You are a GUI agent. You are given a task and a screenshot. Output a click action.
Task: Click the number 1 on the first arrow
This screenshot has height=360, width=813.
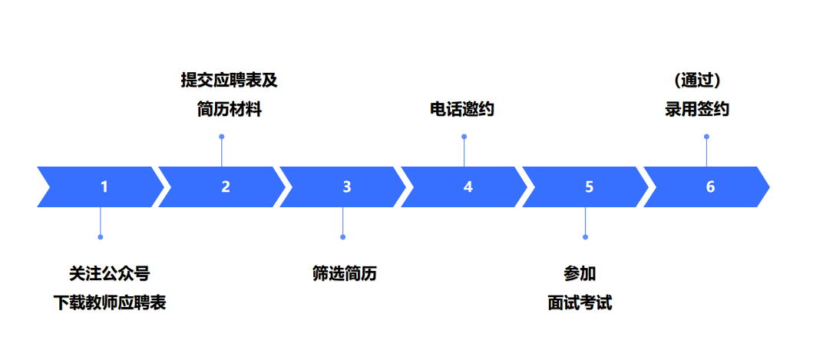pos(104,187)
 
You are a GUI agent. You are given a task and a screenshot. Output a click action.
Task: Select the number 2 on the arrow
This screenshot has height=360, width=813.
pos(226,187)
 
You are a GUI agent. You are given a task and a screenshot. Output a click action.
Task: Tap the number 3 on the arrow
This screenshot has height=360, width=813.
pos(347,187)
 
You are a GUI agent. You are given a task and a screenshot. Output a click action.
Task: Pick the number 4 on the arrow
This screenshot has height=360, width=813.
pos(468,187)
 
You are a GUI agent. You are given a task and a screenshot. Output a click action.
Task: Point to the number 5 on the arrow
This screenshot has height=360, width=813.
pos(589,187)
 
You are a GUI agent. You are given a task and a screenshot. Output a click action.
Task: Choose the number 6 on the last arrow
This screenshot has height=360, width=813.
pos(710,187)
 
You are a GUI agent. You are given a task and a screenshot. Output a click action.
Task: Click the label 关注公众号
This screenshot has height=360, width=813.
pos(109,273)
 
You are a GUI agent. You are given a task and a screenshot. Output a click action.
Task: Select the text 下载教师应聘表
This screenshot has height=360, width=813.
pos(109,302)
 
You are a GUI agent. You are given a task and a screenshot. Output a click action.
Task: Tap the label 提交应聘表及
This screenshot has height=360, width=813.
pos(229,80)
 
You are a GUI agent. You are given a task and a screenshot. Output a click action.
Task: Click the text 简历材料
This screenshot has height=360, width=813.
pos(229,110)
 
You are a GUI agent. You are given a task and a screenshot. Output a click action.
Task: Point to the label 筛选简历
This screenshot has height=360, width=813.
pos(345,273)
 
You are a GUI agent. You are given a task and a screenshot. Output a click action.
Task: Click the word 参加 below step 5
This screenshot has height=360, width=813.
pos(580,273)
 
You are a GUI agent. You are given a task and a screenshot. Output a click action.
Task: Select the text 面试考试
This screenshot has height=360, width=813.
pos(580,302)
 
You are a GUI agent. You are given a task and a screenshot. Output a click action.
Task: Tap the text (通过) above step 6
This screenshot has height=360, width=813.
pos(697,80)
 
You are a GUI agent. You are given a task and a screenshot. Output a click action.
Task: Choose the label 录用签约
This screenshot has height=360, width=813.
pos(697,110)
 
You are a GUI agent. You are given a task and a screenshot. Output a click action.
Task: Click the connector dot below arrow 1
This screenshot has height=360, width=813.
pos(101,236)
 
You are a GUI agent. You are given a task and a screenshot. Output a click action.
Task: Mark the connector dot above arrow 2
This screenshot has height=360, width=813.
pos(222,137)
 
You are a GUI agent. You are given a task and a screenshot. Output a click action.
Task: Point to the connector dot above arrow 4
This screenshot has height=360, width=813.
pos(464,137)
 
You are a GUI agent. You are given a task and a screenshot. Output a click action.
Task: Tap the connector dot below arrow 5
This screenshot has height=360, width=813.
pos(585,236)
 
